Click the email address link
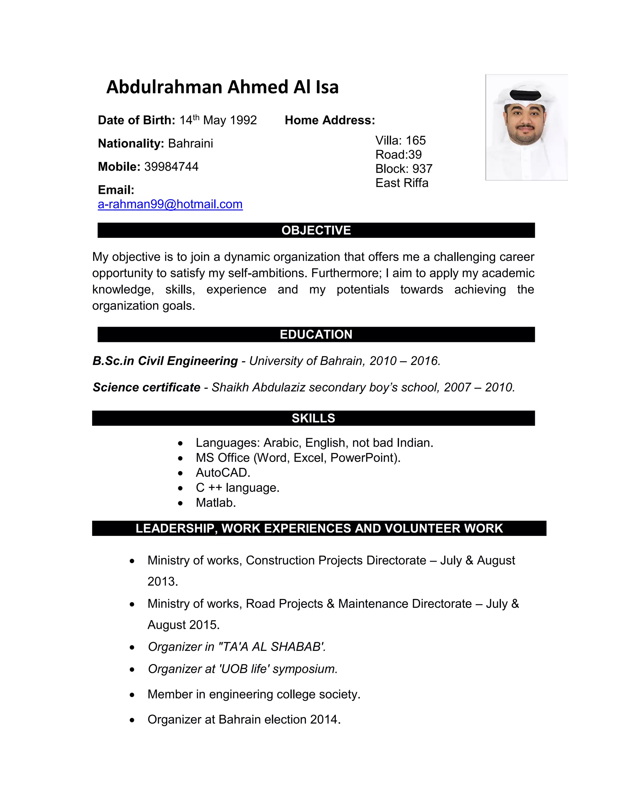pos(170,204)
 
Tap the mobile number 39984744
pos(171,167)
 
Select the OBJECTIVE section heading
pos(316,230)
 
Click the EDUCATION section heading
pos(316,334)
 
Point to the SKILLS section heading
pos(313,418)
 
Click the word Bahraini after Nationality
pos(190,143)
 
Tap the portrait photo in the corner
pos(526,127)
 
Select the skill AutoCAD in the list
pos(223,472)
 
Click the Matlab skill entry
pos(216,503)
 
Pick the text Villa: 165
pos(400,141)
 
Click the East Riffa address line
pos(402,183)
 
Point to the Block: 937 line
pos(404,169)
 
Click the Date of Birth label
pos(136,120)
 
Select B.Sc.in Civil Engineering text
pos(165,361)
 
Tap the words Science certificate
pos(146,387)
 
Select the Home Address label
pos(329,120)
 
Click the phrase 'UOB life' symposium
pos(278,669)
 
